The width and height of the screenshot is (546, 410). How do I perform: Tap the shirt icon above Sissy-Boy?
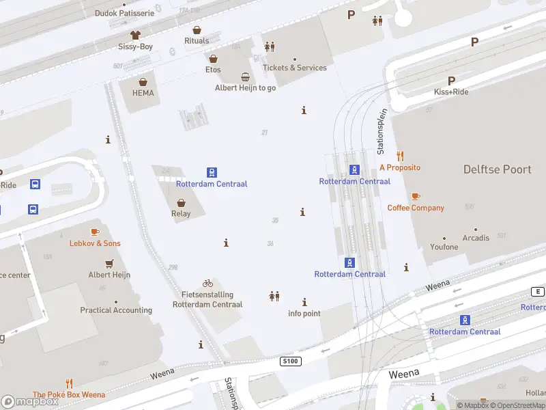(x=135, y=34)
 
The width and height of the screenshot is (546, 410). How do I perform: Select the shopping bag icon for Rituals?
(x=197, y=30)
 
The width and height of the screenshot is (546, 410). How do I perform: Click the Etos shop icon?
(x=213, y=59)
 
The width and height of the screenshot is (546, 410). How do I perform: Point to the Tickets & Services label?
(x=295, y=68)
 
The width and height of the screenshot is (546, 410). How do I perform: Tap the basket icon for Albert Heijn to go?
(x=245, y=77)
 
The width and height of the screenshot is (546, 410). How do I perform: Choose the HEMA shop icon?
(x=143, y=81)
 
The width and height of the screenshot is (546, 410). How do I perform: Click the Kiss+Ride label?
(x=451, y=92)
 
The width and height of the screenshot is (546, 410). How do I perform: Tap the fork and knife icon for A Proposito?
(x=400, y=156)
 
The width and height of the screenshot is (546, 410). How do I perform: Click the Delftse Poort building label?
(x=497, y=169)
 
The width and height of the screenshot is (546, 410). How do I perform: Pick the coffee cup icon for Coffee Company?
(x=416, y=196)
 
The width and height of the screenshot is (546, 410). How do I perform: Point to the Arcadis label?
(x=476, y=238)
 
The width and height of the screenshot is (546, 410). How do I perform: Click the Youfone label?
(x=444, y=247)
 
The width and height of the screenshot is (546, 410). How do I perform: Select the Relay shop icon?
(x=181, y=203)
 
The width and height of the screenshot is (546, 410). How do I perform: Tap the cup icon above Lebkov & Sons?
(x=94, y=232)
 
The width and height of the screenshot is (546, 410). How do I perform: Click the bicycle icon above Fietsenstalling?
(x=207, y=284)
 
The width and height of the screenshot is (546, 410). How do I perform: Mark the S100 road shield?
(x=290, y=360)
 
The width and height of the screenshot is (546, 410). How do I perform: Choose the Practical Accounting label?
(x=116, y=310)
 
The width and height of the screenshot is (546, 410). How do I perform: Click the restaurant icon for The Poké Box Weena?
(x=69, y=383)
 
